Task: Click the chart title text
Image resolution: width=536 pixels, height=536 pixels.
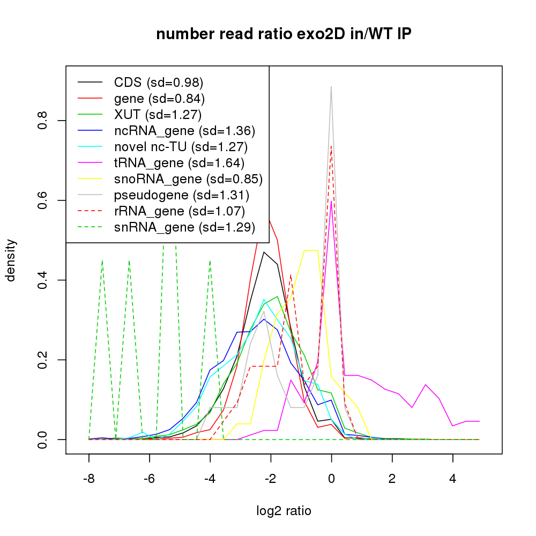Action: tap(284, 34)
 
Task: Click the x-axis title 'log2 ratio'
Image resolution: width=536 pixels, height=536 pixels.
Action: tap(284, 510)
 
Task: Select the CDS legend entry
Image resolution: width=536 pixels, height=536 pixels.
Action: tap(159, 83)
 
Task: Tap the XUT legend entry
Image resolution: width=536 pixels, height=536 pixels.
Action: tap(158, 114)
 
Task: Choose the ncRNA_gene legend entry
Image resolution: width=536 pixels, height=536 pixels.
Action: tap(184, 130)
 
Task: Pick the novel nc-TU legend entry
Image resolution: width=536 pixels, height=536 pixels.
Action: tap(181, 146)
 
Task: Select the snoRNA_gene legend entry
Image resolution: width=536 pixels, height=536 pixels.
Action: tap(188, 178)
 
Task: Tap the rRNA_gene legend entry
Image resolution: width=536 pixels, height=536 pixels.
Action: tap(180, 211)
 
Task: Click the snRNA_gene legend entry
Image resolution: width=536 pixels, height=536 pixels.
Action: tap(184, 227)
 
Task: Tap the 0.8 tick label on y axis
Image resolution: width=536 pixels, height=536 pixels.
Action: tap(43, 121)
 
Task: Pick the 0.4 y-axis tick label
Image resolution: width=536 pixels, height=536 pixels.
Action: tap(43, 280)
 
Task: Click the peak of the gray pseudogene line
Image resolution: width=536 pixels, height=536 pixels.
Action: tap(331, 87)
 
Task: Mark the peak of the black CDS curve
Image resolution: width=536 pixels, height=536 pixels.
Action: tap(264, 252)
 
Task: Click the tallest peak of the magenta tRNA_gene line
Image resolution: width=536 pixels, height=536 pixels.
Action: tap(332, 201)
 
